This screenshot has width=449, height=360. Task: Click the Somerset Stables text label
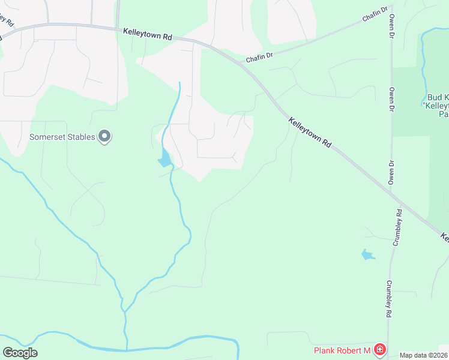coord(62,137)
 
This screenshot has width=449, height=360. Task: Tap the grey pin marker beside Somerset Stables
coord(105,136)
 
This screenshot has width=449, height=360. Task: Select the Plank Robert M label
coord(342,350)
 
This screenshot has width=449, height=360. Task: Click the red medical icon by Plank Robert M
coord(379,349)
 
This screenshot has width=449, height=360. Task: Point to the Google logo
coord(20,353)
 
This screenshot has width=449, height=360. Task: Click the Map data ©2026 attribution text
coord(423,355)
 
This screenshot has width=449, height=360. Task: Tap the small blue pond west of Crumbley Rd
coord(367,255)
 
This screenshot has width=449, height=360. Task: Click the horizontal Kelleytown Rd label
coord(148,34)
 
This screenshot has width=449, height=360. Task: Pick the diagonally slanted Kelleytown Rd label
coord(310,133)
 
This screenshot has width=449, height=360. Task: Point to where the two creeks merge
coord(124,310)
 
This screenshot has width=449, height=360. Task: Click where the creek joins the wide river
coord(126,349)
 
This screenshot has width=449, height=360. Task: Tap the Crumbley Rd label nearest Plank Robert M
coord(389,299)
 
